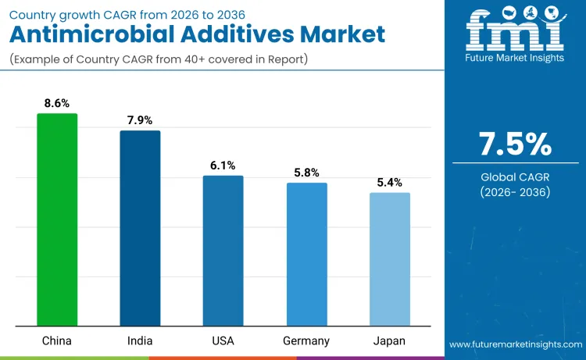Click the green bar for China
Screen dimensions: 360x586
[x=57, y=219]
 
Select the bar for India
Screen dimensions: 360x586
[x=140, y=228]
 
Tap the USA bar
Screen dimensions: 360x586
[x=223, y=251]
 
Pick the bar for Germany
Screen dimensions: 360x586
[x=306, y=255]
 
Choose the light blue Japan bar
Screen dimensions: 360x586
[x=389, y=259]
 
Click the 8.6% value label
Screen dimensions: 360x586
[x=57, y=102]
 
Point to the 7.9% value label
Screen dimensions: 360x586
[x=140, y=119]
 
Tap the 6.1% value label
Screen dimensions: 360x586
[x=223, y=165]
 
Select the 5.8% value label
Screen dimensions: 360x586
[x=306, y=173]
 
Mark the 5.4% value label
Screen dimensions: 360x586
[x=389, y=182]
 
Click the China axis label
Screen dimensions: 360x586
[x=57, y=340]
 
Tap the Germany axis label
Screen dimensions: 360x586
[x=306, y=340]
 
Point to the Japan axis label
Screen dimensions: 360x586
[x=389, y=340]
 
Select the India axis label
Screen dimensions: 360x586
[x=140, y=340]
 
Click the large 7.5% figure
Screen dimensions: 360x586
[x=515, y=144]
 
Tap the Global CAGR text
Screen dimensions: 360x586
[x=515, y=177]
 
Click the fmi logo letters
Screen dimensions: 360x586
[x=515, y=30]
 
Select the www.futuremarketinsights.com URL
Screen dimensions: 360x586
[x=515, y=344]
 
